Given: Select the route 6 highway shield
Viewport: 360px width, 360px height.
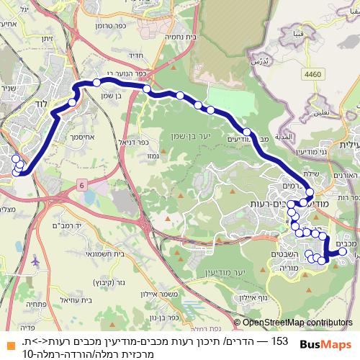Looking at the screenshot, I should coord(82,185).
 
